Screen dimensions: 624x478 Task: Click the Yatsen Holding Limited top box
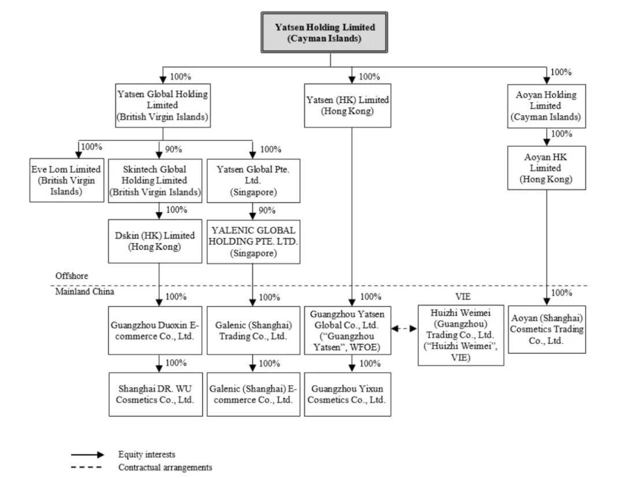pyautogui.click(x=324, y=32)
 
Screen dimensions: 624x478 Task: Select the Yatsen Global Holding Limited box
pyautogui.click(x=163, y=105)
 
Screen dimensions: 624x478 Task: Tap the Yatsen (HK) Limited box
pyautogui.click(x=347, y=105)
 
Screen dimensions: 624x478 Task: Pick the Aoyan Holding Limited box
pyautogui.click(x=547, y=106)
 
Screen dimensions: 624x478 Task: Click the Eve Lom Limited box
pyautogui.click(x=66, y=180)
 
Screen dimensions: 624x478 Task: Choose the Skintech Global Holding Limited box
pyautogui.click(x=155, y=181)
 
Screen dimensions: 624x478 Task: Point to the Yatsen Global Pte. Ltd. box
pyautogui.click(x=253, y=181)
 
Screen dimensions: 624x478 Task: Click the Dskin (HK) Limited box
pyautogui.click(x=155, y=241)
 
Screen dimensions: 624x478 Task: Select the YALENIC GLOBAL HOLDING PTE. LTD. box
pyautogui.click(x=253, y=242)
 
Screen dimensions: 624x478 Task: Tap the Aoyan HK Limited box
pyautogui.click(x=547, y=168)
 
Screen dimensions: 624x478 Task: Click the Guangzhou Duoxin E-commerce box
pyautogui.click(x=155, y=331)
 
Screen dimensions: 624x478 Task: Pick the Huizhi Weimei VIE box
pyautogui.click(x=461, y=335)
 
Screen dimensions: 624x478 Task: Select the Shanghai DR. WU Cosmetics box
pyautogui.click(x=155, y=394)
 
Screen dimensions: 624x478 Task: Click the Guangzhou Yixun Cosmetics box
pyautogui.click(x=347, y=394)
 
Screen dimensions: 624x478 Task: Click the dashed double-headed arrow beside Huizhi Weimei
pyautogui.click(x=404, y=329)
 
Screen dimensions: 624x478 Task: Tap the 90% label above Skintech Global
pyautogui.click(x=173, y=149)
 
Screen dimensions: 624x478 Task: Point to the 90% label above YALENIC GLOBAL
pyautogui.click(x=267, y=210)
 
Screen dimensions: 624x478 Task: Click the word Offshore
pyautogui.click(x=72, y=276)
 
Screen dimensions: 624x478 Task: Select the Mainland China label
pyautogui.click(x=84, y=291)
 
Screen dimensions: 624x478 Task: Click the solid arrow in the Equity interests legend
pyautogui.click(x=88, y=454)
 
